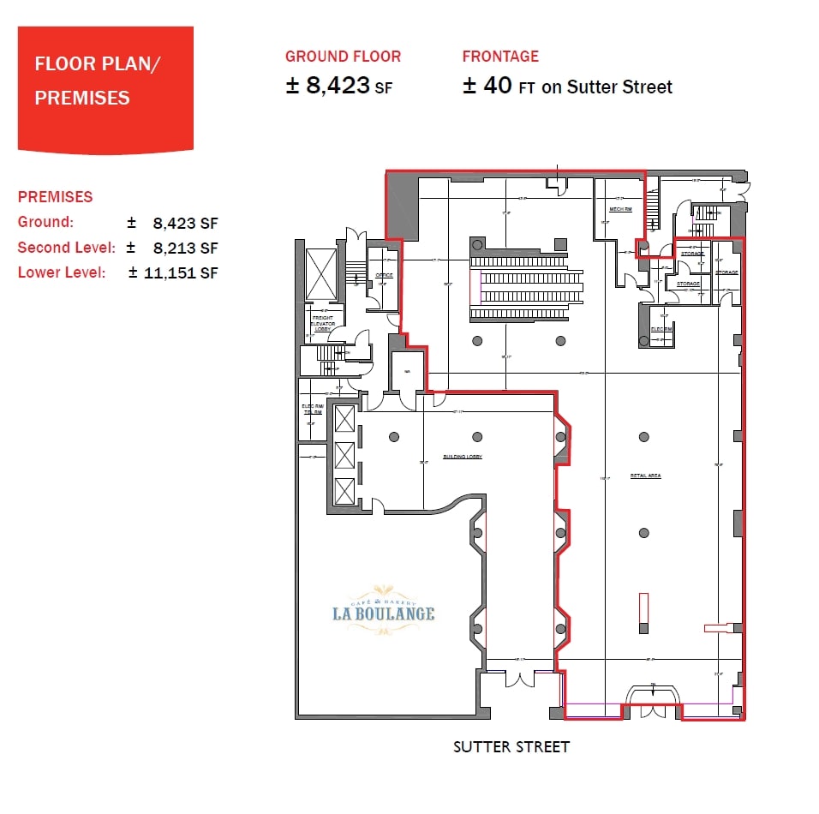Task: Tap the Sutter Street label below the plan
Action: point(511,746)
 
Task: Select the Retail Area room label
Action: point(645,476)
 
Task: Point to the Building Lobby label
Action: point(462,457)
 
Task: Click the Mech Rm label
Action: point(620,208)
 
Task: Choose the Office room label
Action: point(384,275)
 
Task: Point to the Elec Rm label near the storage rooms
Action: point(660,329)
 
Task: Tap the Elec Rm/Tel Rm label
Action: point(311,410)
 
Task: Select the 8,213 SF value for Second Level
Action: point(185,248)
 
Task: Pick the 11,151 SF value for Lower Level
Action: point(185,272)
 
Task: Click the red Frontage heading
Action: point(500,57)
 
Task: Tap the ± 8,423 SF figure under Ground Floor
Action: point(338,86)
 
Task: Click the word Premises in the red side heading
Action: point(55,196)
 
